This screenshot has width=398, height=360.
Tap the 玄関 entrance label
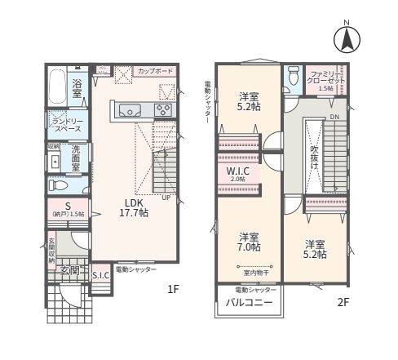pyautogui.click(x=69, y=269)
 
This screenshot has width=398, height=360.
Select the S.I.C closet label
pyautogui.click(x=100, y=276)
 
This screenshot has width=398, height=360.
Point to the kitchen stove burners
pyautogui.click(x=163, y=109)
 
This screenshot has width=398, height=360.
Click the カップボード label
pyautogui.click(x=154, y=72)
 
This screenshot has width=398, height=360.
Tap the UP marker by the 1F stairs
pyautogui.click(x=166, y=197)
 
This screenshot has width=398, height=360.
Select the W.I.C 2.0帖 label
pyautogui.click(x=237, y=175)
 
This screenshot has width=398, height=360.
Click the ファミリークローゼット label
pyautogui.click(x=327, y=80)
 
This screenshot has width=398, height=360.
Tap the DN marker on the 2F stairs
pyautogui.click(x=334, y=117)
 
